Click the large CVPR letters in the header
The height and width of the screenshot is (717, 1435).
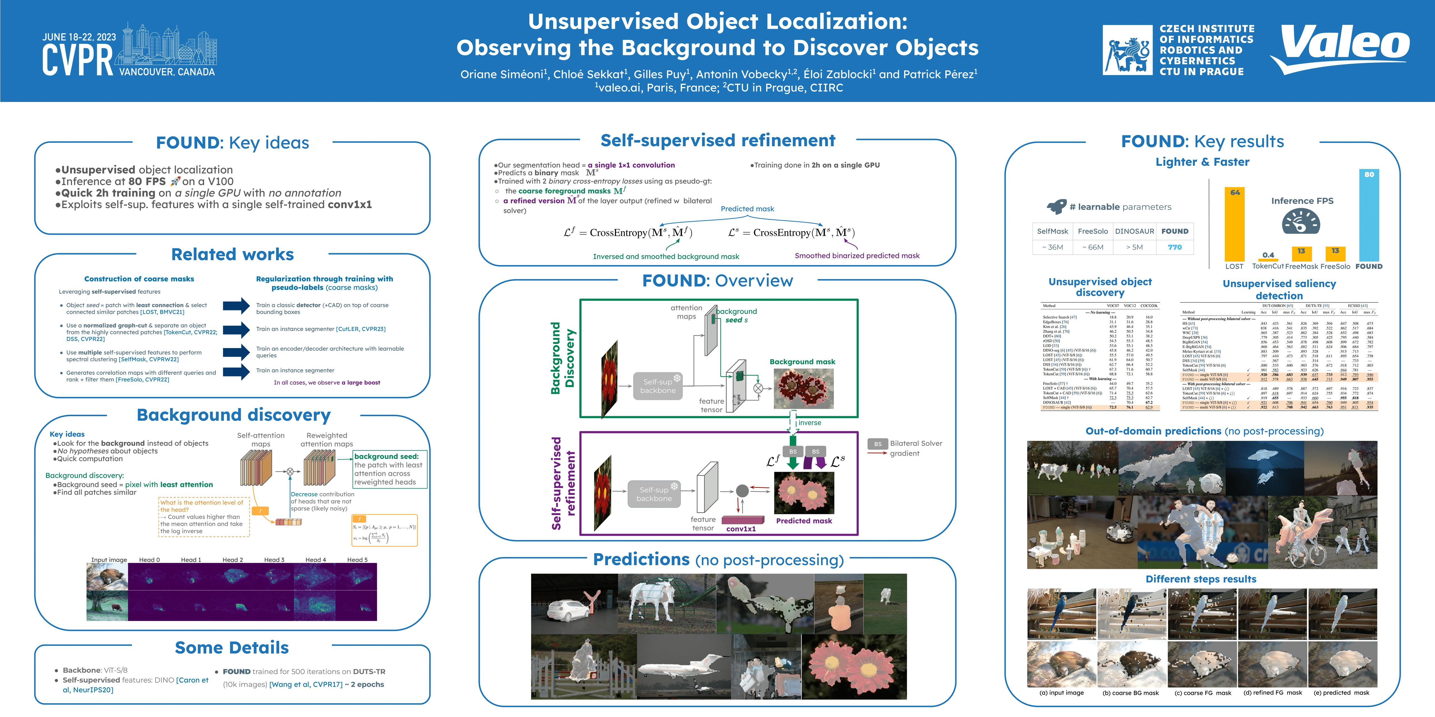78,60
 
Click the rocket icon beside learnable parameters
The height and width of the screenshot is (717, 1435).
1056,206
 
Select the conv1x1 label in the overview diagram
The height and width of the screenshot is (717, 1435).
741,529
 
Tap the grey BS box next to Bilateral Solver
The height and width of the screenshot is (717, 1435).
877,444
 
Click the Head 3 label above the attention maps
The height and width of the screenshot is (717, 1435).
274,560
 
